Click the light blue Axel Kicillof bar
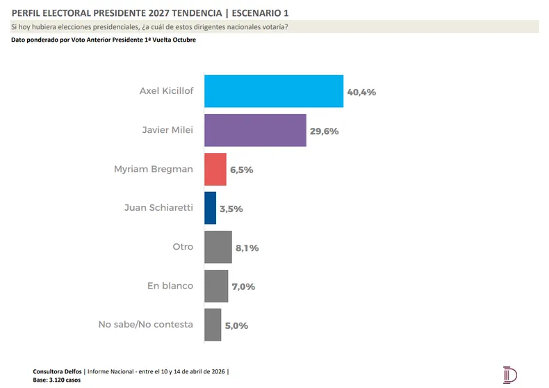(274, 90)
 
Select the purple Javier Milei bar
(255, 130)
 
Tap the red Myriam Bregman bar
(215, 169)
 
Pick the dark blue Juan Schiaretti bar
(210, 208)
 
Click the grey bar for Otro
(218, 247)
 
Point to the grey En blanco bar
(216, 286)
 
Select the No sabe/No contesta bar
(213, 325)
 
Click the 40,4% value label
(361, 92)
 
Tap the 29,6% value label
(324, 131)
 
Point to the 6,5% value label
(241, 170)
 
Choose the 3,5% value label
(230, 209)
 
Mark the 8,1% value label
(247, 248)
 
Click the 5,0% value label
(236, 325)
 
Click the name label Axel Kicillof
(166, 91)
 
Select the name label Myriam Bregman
(154, 169)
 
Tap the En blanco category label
(170, 286)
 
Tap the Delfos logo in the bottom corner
(510, 374)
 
